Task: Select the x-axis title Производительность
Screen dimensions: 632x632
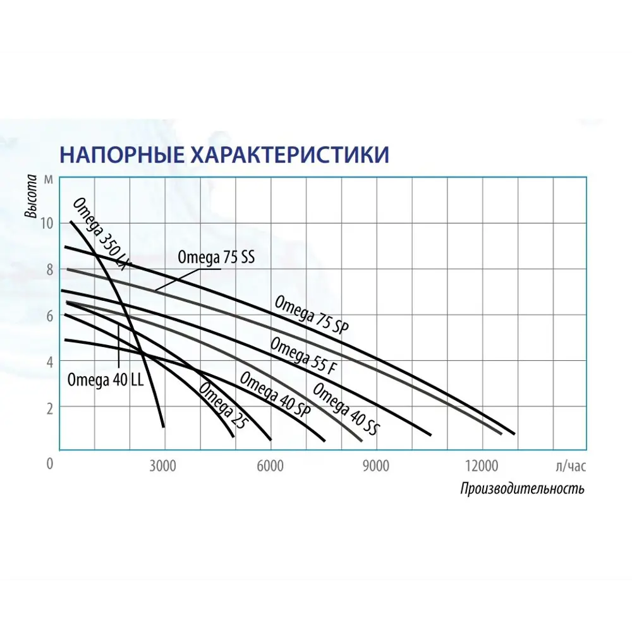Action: coord(522,489)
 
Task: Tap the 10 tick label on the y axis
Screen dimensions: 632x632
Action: coord(47,223)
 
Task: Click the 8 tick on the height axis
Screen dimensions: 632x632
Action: coord(49,270)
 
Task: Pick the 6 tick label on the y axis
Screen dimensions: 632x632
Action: coord(49,316)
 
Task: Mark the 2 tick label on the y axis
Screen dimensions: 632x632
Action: coord(49,409)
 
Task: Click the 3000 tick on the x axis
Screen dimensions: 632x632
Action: coord(162,466)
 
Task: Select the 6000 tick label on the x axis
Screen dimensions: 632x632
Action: coord(270,466)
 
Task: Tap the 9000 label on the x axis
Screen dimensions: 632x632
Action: coord(375,466)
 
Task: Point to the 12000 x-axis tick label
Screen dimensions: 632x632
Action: coord(482,466)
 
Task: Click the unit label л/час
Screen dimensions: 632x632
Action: coord(571,466)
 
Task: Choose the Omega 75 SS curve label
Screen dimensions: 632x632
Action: coord(216,258)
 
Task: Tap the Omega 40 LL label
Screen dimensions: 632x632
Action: coord(105,380)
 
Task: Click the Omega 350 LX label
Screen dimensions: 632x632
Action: coord(102,234)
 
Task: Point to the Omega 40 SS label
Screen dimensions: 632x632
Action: coord(346,410)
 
